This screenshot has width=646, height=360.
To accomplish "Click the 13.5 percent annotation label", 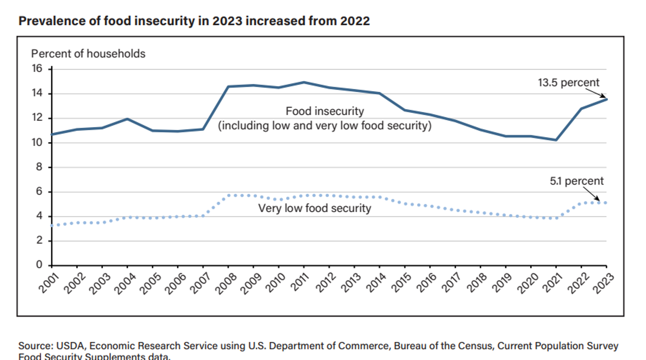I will tap(568, 82).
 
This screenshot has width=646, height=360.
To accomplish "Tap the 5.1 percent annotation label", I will tap(576, 181).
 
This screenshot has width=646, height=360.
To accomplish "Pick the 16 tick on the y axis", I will tap(37, 68).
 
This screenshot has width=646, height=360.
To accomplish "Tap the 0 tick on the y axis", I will tap(39, 265).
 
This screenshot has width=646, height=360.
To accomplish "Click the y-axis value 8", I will tap(39, 167).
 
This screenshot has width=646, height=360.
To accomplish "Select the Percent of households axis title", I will tap(88, 54).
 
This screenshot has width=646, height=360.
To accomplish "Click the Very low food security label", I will tap(314, 208).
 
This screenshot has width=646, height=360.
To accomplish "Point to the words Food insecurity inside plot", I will tap(325, 111).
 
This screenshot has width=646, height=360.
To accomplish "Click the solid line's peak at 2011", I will tap(304, 82).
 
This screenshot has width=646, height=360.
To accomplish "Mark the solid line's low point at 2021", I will tap(556, 140).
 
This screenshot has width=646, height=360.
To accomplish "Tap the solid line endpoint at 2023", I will tap(606, 99).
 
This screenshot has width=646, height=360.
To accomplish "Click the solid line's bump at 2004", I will tap(127, 119).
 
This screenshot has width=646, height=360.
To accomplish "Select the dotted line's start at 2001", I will tap(52, 225).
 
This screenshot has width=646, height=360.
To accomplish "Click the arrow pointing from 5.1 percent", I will tap(592, 194).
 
